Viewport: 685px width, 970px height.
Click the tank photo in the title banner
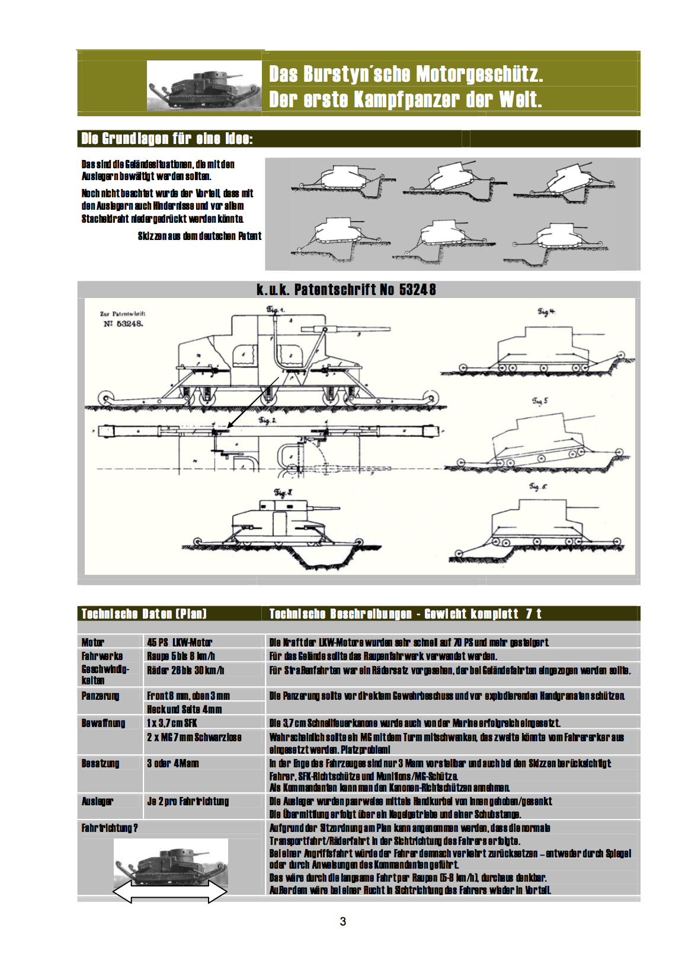click(x=204, y=86)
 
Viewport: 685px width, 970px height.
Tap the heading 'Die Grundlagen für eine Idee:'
click(x=167, y=139)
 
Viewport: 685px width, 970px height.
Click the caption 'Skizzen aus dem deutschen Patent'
click(x=199, y=236)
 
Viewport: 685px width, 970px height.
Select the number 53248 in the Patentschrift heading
click(x=417, y=290)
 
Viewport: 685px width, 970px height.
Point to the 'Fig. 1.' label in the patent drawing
click(x=276, y=309)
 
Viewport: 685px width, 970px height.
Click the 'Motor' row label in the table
click(x=93, y=642)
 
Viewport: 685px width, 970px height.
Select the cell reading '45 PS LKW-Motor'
click(x=180, y=642)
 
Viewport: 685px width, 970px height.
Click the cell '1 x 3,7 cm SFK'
click(x=172, y=723)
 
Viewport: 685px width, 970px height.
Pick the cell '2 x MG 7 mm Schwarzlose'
click(x=194, y=737)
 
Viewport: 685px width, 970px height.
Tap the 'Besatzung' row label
click(x=100, y=763)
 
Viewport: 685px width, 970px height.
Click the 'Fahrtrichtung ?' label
click(x=110, y=828)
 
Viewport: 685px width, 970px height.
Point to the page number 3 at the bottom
click(x=343, y=921)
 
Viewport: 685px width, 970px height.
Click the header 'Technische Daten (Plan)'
click(x=144, y=614)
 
